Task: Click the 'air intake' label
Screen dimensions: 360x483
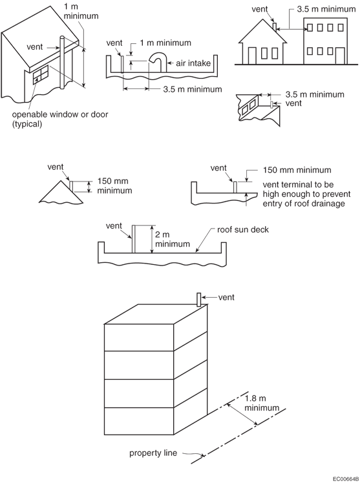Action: [x=193, y=63]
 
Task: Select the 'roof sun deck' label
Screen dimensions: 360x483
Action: [x=242, y=229]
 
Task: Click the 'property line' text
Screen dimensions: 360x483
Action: [x=153, y=453]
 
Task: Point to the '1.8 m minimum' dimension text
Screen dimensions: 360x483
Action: [x=262, y=403]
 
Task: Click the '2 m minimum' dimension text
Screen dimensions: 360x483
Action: [x=173, y=240]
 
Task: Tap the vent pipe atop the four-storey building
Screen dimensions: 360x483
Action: [x=199, y=300]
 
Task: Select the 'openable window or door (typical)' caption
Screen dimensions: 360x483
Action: [x=60, y=119]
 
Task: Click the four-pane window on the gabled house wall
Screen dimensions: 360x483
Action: [x=41, y=74]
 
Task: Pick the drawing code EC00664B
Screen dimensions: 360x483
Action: [x=346, y=479]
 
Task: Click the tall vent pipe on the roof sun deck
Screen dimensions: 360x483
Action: [x=133, y=239]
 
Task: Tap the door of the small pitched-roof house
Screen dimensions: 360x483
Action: [x=252, y=56]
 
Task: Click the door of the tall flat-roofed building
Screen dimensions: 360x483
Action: [x=340, y=56]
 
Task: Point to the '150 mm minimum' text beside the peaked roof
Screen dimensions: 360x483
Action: [x=114, y=185]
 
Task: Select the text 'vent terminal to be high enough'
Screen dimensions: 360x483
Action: [x=306, y=189]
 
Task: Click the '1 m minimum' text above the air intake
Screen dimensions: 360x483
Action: [x=165, y=43]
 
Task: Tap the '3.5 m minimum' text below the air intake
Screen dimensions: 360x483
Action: [x=193, y=89]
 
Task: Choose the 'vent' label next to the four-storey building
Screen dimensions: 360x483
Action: [x=226, y=297]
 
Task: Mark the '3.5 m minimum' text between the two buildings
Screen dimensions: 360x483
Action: [x=326, y=9]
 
